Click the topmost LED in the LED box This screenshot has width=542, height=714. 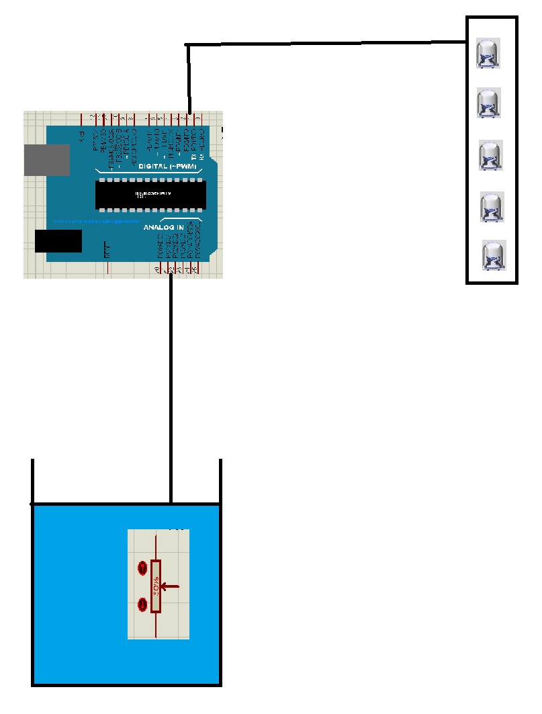pyautogui.click(x=488, y=54)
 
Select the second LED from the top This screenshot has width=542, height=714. pyautogui.click(x=489, y=103)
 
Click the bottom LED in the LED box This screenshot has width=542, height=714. pyautogui.click(x=494, y=256)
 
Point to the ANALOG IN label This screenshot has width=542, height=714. pyautogui.click(x=163, y=228)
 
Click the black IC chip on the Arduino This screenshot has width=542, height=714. pyautogui.click(x=148, y=194)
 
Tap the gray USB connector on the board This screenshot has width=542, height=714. pyautogui.click(x=46, y=160)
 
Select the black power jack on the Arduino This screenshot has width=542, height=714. pyautogui.click(x=58, y=241)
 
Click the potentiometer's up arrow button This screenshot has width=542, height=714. pyautogui.click(x=142, y=568)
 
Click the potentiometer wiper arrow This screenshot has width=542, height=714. pyautogui.click(x=171, y=586)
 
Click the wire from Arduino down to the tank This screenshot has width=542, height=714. pyautogui.click(x=172, y=390)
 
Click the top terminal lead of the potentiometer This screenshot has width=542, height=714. pyautogui.click(x=156, y=545)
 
